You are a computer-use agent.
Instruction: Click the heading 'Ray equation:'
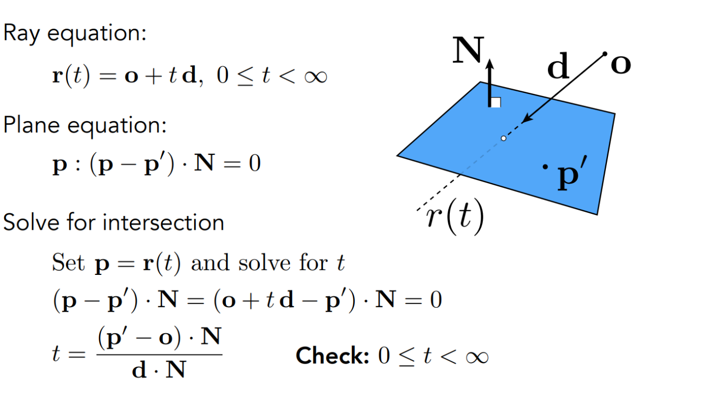click(74, 34)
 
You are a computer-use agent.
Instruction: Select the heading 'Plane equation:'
click(85, 125)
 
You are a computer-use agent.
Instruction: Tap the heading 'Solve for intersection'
click(114, 222)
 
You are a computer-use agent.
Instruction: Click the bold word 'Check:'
click(332, 356)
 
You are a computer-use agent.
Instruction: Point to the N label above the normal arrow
click(468, 51)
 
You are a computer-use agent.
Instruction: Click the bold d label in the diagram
click(558, 68)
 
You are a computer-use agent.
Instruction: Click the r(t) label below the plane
click(455, 218)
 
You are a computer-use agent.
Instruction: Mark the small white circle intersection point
click(503, 139)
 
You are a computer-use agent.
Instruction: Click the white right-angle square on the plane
click(495, 102)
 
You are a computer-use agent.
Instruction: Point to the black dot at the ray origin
click(605, 54)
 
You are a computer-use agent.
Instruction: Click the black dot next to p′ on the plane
click(545, 167)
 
